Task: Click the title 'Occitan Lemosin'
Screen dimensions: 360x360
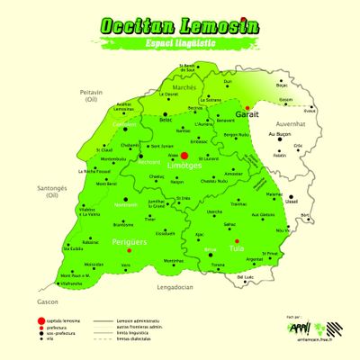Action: point(180,25)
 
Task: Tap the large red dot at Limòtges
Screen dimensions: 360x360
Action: point(184,156)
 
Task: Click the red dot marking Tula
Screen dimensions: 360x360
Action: point(235,241)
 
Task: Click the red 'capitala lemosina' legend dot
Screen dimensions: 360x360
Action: point(40,320)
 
